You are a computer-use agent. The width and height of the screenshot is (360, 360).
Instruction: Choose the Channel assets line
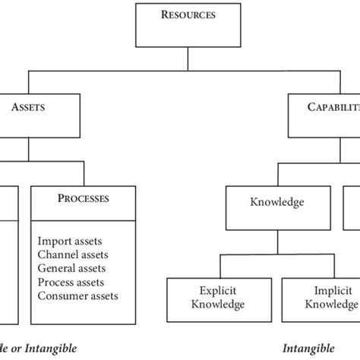(x=71, y=254)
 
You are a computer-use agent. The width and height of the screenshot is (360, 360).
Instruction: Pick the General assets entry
(x=71, y=268)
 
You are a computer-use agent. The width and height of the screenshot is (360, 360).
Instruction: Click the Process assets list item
(x=71, y=282)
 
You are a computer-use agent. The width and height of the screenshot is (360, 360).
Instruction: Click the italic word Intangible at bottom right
(x=308, y=349)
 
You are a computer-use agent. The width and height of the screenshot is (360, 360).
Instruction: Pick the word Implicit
(x=325, y=290)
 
